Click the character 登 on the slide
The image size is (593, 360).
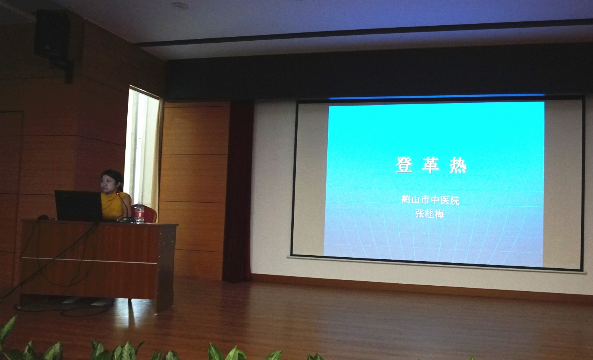coord(404,165)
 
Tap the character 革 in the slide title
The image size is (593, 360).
coord(431,165)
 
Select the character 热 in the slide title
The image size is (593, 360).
coord(458,165)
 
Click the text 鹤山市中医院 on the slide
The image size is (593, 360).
coord(430,200)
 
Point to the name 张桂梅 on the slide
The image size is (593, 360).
coord(430,214)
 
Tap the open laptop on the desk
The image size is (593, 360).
coord(79,205)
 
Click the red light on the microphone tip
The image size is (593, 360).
coord(118,194)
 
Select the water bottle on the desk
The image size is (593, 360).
coord(139,213)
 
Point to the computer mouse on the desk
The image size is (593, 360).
coord(43,217)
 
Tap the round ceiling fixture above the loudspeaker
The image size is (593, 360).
coord(180,6)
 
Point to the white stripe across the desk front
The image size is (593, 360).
coord(89,260)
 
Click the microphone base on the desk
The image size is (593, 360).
coord(127,219)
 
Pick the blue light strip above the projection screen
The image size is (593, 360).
coord(437,97)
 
